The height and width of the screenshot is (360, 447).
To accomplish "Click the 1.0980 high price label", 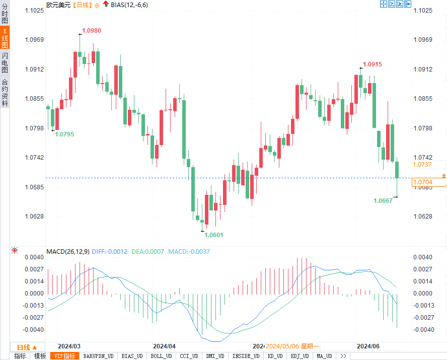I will click(x=92, y=31).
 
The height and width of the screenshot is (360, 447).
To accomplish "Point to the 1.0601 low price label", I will click(x=213, y=235).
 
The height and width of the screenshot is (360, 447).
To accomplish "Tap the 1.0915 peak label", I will click(x=372, y=64).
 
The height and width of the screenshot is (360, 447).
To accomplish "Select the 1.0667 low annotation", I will click(x=383, y=200).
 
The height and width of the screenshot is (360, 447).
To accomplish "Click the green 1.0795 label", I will click(x=64, y=134).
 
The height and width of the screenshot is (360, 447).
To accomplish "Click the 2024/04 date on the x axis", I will click(x=164, y=346).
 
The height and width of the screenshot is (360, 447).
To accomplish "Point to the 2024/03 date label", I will click(x=69, y=346).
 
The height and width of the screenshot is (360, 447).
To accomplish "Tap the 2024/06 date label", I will click(x=367, y=346).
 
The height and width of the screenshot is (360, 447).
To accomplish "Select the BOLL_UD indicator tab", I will click(x=161, y=356).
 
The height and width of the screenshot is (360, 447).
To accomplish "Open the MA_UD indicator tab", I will click(x=324, y=356).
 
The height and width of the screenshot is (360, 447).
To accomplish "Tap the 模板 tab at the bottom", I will click(x=40, y=356).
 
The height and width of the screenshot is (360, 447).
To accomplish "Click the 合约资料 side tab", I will click(x=5, y=92).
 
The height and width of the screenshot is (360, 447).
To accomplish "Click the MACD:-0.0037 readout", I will click(x=189, y=251).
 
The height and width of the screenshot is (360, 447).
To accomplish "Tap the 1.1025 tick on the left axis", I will click(x=34, y=11).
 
